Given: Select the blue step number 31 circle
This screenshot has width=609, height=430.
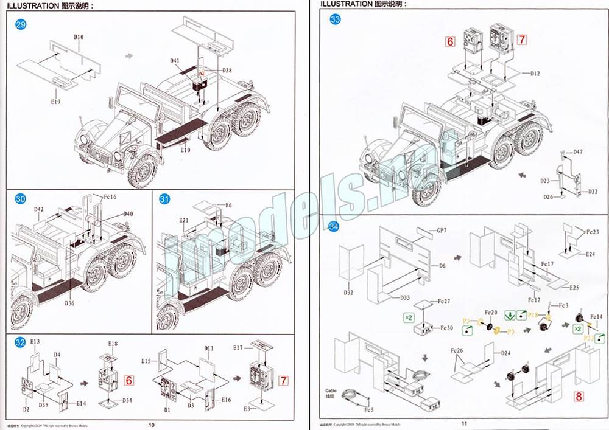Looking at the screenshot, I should [165, 199].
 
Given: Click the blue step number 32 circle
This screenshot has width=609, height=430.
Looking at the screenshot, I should [20, 342].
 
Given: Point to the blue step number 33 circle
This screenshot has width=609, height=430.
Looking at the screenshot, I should [335, 19].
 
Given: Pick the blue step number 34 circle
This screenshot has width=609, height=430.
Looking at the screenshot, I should [334, 226].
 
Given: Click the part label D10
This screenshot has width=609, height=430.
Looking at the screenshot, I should [79, 37].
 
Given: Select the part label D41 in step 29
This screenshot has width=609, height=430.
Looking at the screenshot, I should [175, 61].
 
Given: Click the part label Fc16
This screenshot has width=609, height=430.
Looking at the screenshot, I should [110, 197].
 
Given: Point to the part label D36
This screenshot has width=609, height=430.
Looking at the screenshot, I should [69, 303].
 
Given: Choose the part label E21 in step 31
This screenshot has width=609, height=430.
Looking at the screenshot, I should [184, 220].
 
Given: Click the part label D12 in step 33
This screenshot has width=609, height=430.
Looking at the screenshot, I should [535, 74].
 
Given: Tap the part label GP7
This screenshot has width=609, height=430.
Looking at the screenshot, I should [442, 231].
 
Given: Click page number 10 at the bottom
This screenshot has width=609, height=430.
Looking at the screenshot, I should [152, 424].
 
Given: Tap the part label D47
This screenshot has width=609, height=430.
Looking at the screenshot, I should [577, 151].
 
